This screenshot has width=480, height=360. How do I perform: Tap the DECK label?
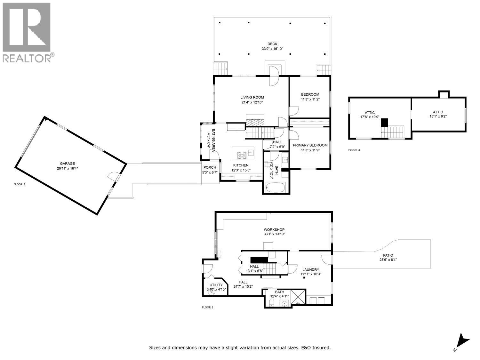272,44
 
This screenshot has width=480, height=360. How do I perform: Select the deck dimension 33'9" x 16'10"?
272,49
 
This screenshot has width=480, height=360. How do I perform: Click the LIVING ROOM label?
252,98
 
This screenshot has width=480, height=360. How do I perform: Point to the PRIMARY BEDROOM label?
310,145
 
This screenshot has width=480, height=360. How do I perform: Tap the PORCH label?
210,167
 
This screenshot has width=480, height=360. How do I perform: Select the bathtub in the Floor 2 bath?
276,188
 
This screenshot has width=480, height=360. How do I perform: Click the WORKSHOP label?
274,230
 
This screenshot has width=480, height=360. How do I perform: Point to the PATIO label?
388,255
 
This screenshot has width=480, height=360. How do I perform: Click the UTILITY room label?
216,285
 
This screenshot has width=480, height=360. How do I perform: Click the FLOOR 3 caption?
354,150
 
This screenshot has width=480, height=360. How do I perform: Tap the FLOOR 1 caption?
207,307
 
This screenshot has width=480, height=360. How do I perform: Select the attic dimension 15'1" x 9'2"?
438,116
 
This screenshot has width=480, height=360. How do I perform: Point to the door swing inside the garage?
112,175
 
